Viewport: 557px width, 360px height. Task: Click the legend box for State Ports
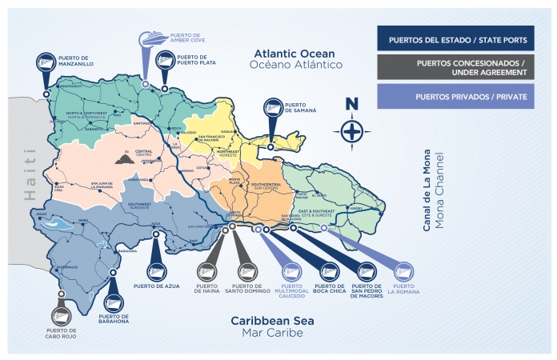(455, 39)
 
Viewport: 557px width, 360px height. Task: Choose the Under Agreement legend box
(455, 68)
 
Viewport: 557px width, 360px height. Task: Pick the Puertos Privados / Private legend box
(455, 97)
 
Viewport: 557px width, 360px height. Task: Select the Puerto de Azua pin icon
(154, 270)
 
